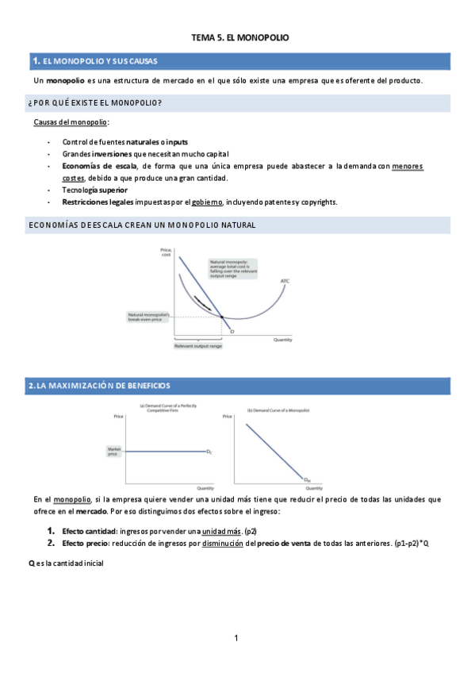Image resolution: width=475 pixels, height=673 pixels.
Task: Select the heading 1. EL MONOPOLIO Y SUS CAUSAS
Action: click(x=94, y=61)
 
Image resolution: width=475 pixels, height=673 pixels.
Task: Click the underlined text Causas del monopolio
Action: click(x=71, y=122)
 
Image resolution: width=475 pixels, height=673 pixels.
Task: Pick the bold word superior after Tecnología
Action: click(x=113, y=190)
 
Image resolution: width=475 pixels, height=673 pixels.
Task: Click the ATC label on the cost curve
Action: click(x=284, y=281)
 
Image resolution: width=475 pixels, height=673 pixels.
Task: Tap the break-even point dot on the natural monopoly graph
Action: click(x=221, y=317)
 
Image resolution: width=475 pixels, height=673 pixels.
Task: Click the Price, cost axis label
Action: click(x=166, y=252)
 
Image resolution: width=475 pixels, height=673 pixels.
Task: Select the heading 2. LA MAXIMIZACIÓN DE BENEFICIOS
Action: click(x=99, y=386)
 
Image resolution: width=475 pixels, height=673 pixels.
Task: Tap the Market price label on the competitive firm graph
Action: click(x=113, y=452)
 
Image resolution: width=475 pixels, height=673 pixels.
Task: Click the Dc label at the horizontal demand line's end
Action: click(x=209, y=452)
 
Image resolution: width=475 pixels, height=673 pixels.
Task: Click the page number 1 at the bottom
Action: click(x=236, y=638)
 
